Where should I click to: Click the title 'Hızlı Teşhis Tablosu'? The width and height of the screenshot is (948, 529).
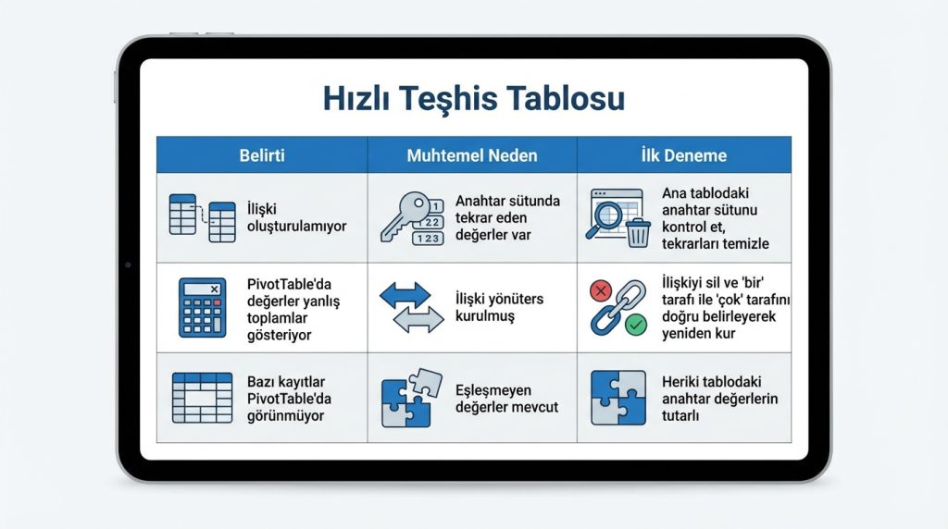(473, 98)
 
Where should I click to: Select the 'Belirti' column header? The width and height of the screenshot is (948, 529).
(261, 154)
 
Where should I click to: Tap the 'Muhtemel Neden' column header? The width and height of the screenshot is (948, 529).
(471, 154)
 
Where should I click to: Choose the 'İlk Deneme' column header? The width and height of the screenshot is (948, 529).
(683, 154)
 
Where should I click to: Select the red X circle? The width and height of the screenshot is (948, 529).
(601, 291)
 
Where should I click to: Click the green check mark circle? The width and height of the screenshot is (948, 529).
(636, 325)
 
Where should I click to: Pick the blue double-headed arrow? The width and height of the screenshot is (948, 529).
(405, 296)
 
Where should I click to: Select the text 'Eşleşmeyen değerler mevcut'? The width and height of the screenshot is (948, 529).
(506, 399)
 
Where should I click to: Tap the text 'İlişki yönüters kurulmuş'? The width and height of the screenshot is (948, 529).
(498, 307)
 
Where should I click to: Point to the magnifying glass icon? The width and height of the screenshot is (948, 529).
(608, 216)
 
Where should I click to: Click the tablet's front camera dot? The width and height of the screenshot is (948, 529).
(128, 264)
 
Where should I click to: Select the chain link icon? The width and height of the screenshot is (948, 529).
(617, 308)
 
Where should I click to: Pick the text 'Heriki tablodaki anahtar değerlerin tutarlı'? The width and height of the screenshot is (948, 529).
(719, 399)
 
